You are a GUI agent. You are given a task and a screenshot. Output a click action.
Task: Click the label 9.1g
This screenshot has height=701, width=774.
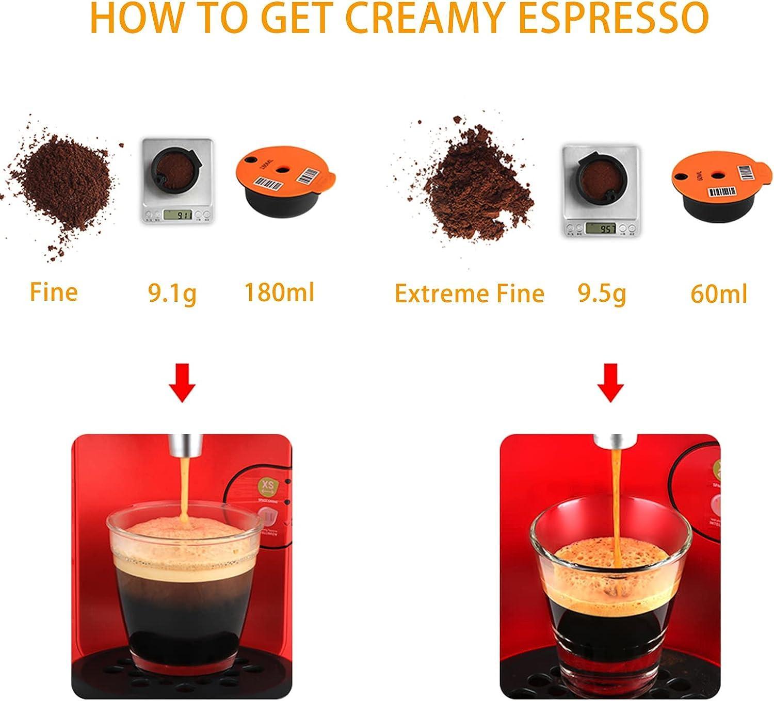pyautogui.click(x=172, y=293)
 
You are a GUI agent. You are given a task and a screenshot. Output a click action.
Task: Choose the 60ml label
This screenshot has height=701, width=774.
pyautogui.click(x=719, y=294)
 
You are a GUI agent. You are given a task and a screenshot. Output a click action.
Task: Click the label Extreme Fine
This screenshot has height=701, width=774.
pyautogui.click(x=469, y=294)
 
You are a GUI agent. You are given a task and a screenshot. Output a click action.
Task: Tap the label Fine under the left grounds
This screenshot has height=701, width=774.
pyautogui.click(x=54, y=291)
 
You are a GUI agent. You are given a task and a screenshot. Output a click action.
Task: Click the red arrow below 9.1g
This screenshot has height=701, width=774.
pyautogui.click(x=182, y=383)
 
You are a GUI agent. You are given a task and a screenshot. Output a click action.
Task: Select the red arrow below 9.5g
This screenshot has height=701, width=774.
pyautogui.click(x=611, y=383)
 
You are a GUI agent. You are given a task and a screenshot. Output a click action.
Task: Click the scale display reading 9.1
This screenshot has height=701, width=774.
pyautogui.click(x=177, y=214)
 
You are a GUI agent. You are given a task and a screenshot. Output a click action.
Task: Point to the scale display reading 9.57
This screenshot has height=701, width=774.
pyautogui.click(x=602, y=227)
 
